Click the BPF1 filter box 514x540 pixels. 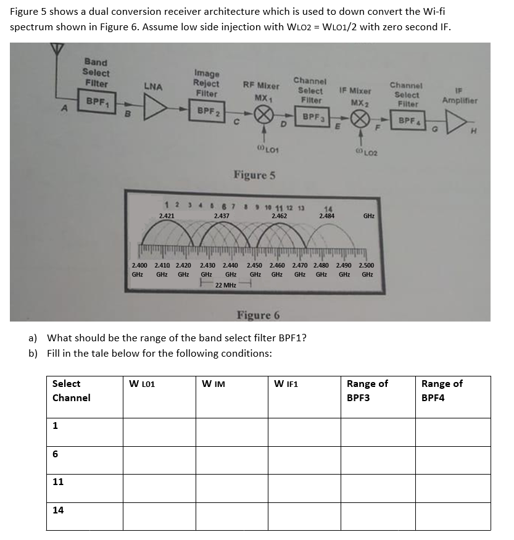(x=95, y=100)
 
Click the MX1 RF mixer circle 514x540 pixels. (x=265, y=115)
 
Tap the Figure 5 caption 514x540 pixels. (x=254, y=175)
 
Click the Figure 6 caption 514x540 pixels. (x=259, y=315)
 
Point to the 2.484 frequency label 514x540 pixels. (x=327, y=216)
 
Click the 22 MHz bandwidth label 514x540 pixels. (x=226, y=285)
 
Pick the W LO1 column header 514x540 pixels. (x=142, y=384)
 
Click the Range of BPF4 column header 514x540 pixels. (x=442, y=391)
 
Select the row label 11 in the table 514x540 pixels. (x=58, y=481)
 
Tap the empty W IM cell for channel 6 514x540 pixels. (x=231, y=459)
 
